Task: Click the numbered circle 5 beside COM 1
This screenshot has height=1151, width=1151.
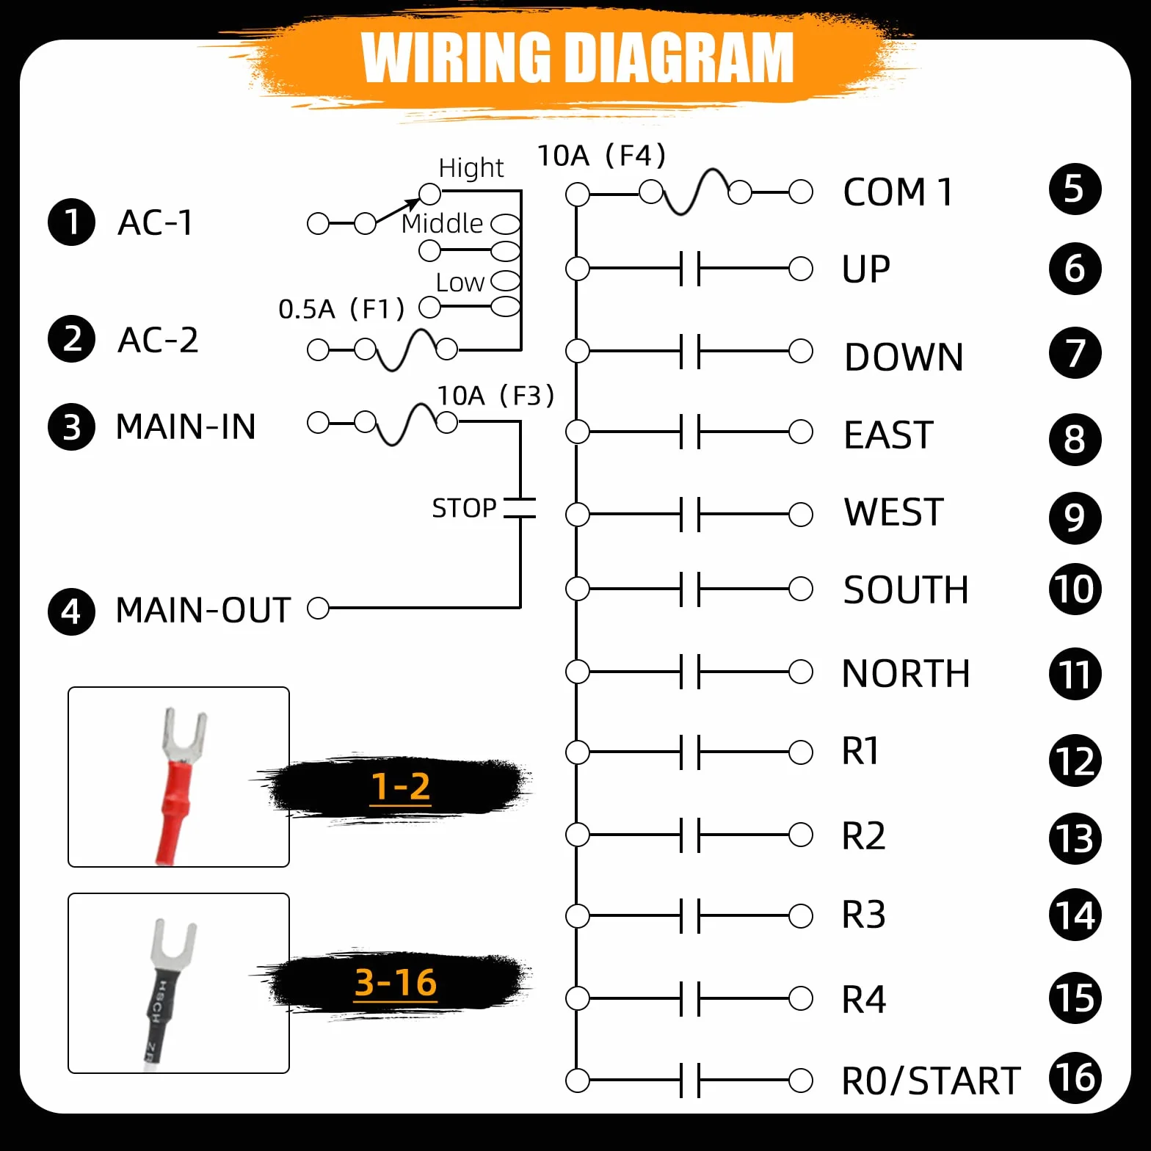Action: click(1075, 189)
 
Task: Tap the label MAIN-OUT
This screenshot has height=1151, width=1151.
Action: click(203, 610)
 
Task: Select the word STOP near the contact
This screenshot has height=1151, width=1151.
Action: click(464, 508)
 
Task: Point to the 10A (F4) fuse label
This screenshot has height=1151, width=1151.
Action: click(601, 156)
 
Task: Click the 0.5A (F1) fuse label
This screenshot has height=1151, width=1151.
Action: click(341, 309)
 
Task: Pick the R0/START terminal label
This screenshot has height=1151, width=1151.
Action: click(931, 1081)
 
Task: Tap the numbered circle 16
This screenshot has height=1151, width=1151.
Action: click(1075, 1078)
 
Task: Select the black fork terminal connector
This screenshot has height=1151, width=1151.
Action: click(169, 991)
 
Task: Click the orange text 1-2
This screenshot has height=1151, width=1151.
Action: click(400, 787)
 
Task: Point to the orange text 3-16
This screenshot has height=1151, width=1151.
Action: click(396, 982)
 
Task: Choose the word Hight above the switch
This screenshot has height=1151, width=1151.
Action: click(471, 168)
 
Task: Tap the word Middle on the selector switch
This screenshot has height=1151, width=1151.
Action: click(442, 223)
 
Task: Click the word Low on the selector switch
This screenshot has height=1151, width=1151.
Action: click(460, 283)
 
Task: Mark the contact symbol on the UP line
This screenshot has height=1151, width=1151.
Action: click(690, 268)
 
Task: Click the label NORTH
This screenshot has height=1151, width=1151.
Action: click(906, 673)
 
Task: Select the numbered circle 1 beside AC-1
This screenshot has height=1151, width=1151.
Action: click(71, 222)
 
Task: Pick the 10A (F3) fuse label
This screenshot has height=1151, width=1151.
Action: click(495, 396)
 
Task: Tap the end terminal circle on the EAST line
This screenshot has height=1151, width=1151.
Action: click(800, 431)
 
